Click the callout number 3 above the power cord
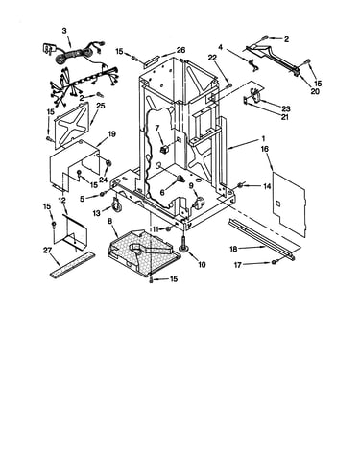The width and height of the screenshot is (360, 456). [x=64, y=31]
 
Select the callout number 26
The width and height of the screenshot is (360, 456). [x=180, y=50]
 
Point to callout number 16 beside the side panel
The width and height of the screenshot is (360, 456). [x=265, y=149]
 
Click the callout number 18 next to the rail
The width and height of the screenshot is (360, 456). [x=233, y=249]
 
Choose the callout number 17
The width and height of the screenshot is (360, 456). [x=237, y=265]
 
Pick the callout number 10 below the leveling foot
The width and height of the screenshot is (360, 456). [x=202, y=265]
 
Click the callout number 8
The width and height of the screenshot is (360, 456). [x=110, y=221]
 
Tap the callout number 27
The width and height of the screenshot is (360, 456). [x=47, y=251]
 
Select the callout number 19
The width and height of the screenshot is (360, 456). [x=111, y=134]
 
